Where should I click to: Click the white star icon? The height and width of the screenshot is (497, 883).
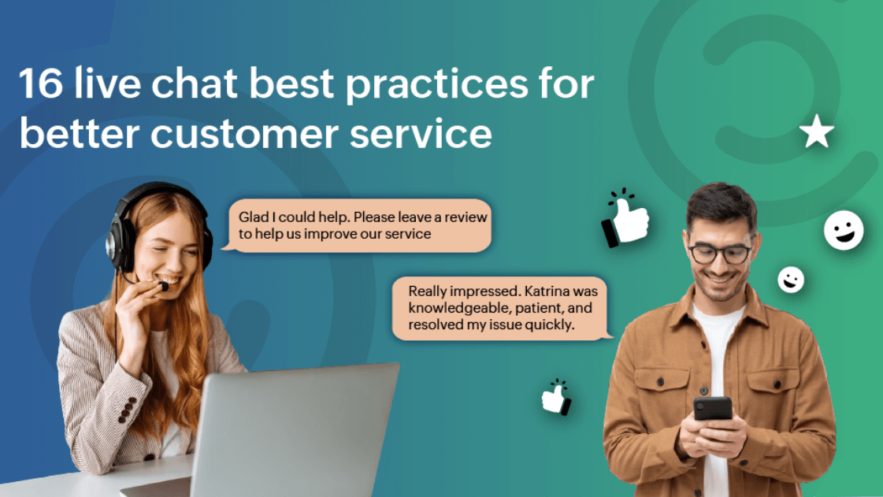(816, 134)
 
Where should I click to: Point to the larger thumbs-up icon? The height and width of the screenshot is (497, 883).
(625, 217)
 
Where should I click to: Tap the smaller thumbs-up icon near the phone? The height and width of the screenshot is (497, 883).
(557, 397)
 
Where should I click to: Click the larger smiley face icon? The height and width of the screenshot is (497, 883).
(844, 231)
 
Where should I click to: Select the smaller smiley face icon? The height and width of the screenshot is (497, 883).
(790, 279)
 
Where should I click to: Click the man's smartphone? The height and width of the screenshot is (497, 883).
(713, 408)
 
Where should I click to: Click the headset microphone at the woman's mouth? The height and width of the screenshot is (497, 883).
(163, 285)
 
